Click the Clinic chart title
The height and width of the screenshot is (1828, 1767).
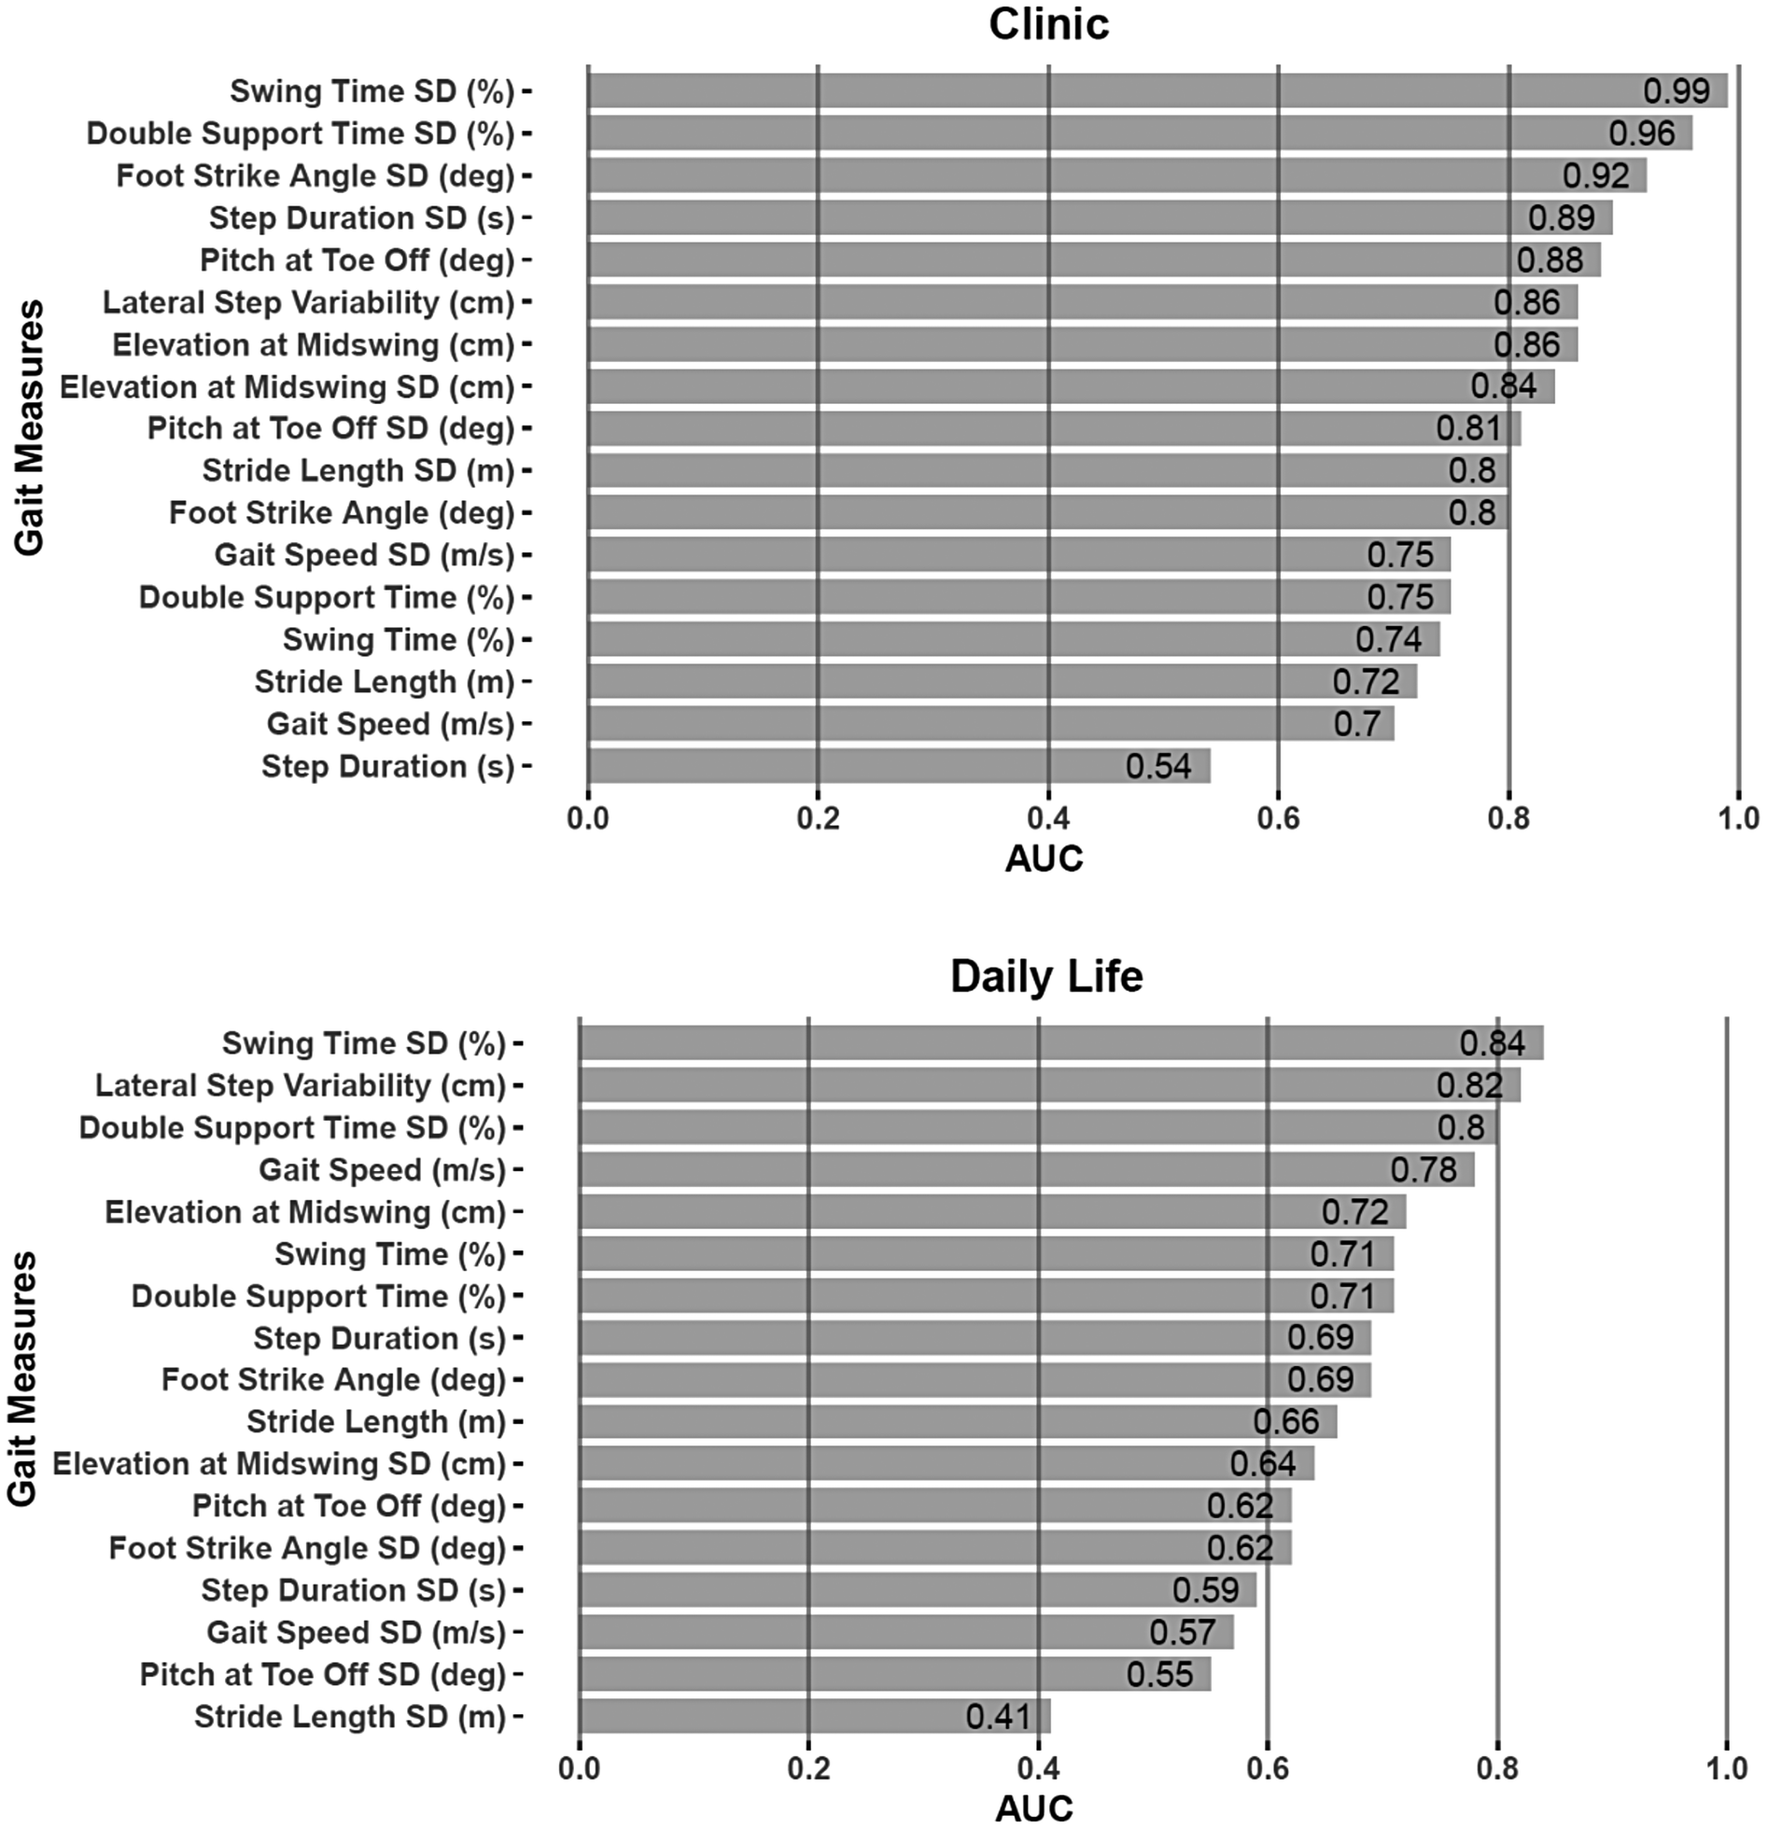[1048, 24]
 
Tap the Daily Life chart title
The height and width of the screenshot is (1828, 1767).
[1046, 977]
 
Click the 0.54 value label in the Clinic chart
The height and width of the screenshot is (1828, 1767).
[1158, 766]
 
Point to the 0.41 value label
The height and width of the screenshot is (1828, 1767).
[999, 1716]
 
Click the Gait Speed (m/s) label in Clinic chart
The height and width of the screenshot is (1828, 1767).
[390, 724]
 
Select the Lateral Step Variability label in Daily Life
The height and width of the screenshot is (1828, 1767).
[300, 1085]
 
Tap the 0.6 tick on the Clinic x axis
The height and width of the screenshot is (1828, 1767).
[1278, 818]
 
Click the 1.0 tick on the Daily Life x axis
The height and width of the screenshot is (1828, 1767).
[1726, 1768]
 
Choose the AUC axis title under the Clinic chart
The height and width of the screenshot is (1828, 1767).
[1044, 859]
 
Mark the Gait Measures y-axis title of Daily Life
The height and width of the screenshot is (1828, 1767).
[22, 1379]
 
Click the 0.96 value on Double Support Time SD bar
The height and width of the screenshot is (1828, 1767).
[1642, 133]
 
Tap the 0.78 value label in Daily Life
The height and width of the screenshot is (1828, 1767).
[1423, 1169]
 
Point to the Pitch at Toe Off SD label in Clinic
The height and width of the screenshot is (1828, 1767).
[330, 428]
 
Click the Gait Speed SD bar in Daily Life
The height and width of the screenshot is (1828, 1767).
[905, 1632]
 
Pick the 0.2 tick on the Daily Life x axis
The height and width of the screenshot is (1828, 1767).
[808, 1768]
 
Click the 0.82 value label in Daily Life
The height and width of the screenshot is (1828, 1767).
[1469, 1085]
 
